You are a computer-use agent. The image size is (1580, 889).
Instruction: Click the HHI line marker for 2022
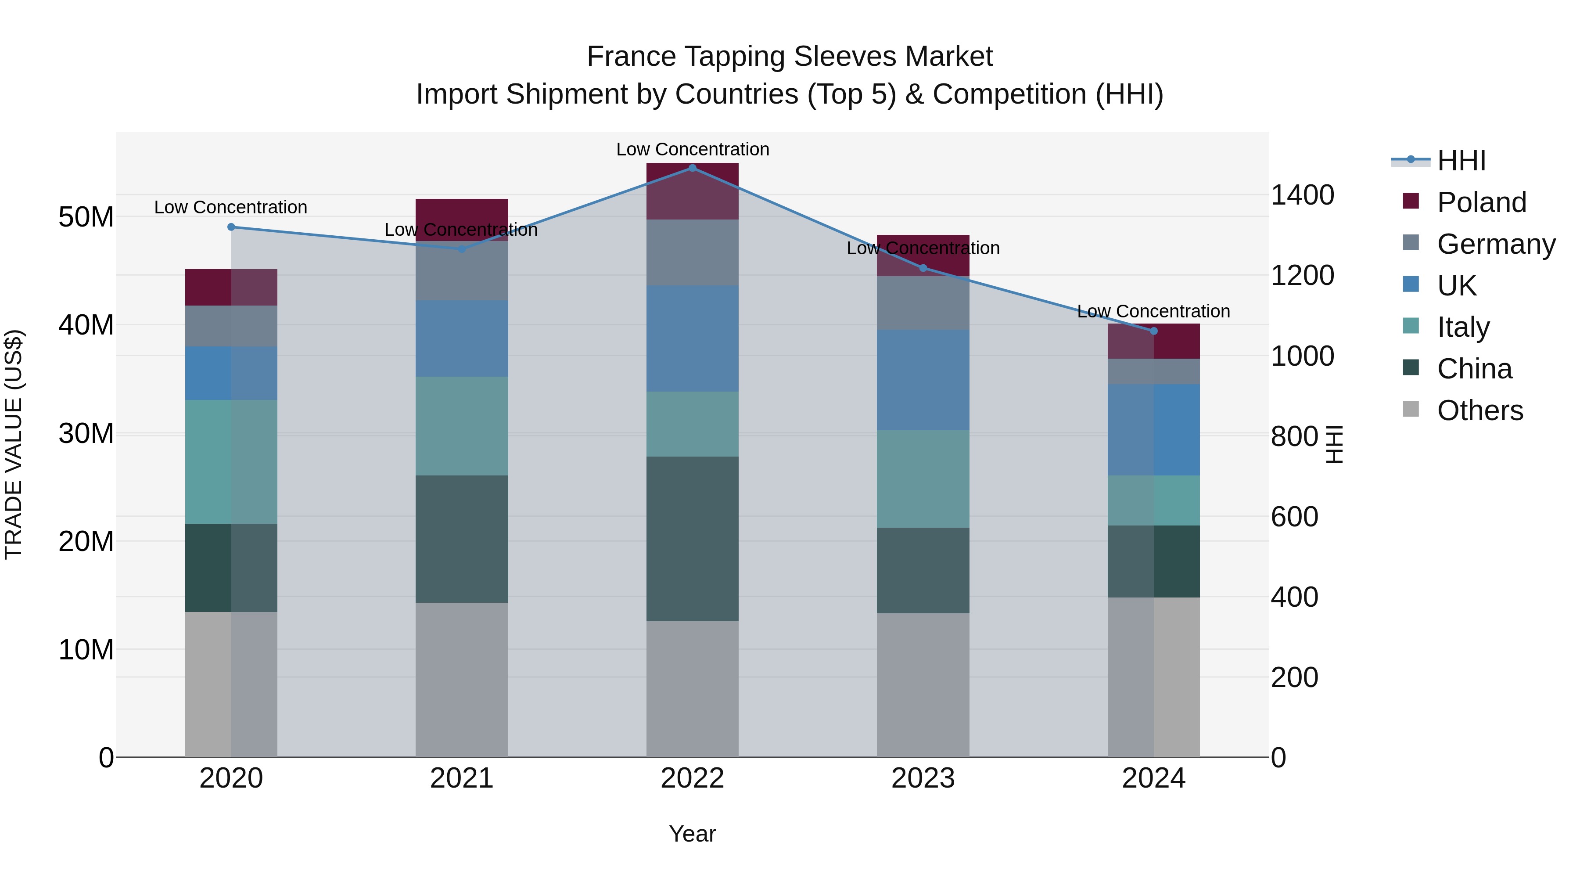coord(693,168)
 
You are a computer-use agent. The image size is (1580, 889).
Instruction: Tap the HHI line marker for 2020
coord(231,227)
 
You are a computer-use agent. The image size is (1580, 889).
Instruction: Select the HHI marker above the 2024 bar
coord(1154,331)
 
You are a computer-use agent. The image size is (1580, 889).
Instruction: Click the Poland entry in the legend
coord(1481,202)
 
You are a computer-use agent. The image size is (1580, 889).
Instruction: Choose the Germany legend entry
coord(1495,244)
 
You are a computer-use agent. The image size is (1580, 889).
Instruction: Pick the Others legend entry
coord(1479,410)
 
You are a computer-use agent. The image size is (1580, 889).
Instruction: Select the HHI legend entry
coord(1461,161)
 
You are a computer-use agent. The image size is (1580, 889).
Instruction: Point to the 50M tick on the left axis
coord(86,217)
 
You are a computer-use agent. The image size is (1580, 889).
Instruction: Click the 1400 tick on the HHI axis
coord(1302,195)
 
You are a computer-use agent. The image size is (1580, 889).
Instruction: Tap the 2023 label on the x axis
coord(923,778)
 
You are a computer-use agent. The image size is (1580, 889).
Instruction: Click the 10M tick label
coord(86,650)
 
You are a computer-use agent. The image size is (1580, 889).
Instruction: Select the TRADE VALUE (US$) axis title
coord(14,444)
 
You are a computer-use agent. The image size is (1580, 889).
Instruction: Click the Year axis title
coord(693,834)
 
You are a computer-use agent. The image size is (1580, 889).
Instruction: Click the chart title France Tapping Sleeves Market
coord(790,57)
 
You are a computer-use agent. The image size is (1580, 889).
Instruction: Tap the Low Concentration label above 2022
coord(693,149)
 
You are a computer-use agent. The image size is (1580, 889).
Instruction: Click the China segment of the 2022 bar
coord(693,539)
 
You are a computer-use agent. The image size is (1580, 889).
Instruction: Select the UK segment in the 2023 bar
coord(923,380)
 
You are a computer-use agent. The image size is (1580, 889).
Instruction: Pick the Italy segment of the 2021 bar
coord(462,426)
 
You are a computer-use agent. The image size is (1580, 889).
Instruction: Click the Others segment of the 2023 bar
coord(923,685)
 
